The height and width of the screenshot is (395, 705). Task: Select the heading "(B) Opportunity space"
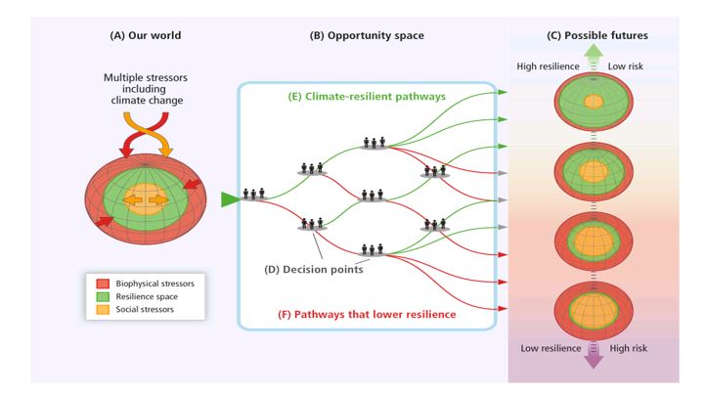(367, 36)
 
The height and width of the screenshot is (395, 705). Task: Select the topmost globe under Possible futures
(594, 103)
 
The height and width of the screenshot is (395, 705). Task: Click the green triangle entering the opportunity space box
(230, 199)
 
